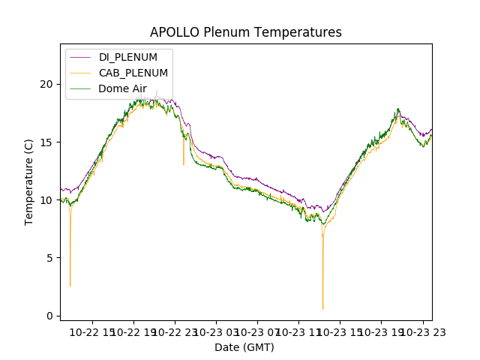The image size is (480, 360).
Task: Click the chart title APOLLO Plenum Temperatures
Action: tap(245, 32)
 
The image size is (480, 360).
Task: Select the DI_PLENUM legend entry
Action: tap(128, 58)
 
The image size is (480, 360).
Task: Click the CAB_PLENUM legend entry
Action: tap(133, 73)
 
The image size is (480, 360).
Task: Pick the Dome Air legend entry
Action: tap(122, 88)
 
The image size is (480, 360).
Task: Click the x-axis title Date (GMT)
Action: tap(244, 347)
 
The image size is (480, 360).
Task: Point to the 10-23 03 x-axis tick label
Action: tap(217, 332)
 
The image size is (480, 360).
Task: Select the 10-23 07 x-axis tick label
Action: tap(258, 332)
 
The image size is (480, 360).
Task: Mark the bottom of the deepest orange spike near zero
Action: tap(323, 309)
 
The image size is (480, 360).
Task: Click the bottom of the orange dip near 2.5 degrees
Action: tap(70, 286)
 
